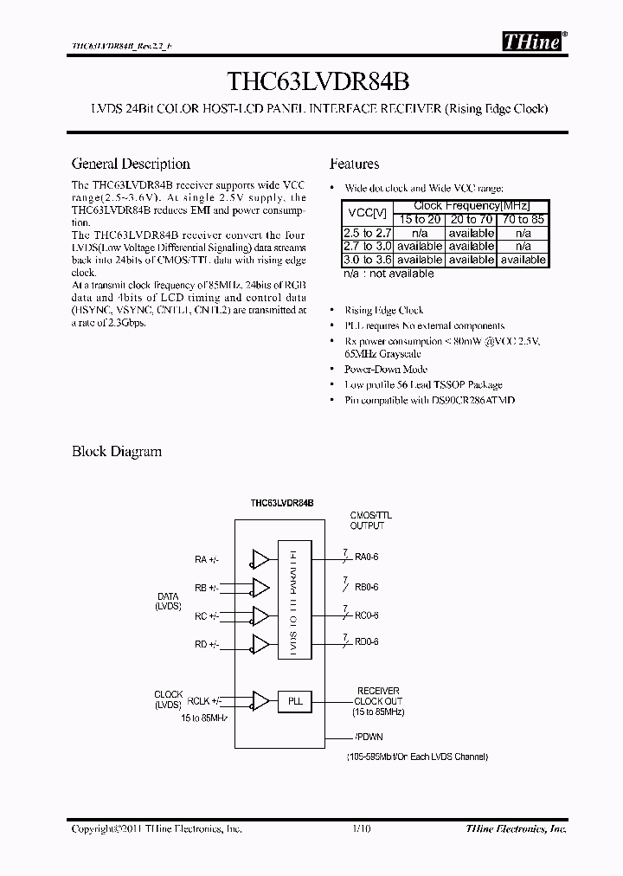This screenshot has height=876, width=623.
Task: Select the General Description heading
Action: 131,164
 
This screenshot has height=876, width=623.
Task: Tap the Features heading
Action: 355,164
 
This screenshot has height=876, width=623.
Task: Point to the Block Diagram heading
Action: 116,451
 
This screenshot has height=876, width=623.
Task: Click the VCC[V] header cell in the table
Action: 368,213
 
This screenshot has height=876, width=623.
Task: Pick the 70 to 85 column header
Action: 523,220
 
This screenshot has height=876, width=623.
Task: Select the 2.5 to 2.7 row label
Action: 368,233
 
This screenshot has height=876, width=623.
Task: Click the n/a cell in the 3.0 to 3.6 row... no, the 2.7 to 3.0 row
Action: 523,246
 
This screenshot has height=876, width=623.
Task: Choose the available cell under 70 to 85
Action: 523,259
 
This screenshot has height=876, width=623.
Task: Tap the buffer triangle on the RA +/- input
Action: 260,559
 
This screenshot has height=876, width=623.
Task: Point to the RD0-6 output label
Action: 366,642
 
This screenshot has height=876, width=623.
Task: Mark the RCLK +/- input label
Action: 203,701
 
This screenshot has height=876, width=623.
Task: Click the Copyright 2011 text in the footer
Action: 157,829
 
